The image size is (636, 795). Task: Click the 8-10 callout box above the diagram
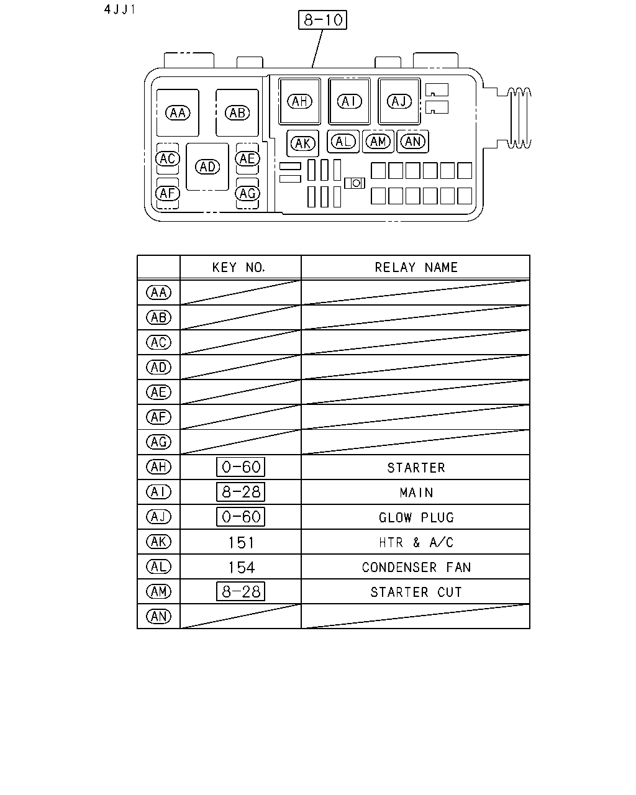[322, 20]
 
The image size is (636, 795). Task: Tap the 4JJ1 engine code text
[120, 9]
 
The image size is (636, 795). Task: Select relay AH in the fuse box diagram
[299, 101]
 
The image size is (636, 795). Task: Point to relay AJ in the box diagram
[399, 101]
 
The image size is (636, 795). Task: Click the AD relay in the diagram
[207, 166]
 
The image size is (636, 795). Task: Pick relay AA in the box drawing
[178, 112]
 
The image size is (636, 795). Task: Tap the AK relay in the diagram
[302, 143]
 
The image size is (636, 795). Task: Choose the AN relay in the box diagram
[413, 141]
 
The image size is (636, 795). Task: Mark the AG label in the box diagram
[248, 193]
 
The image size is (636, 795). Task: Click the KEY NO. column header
[238, 267]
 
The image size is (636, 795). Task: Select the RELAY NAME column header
[416, 267]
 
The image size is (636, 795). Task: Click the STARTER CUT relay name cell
[416, 592]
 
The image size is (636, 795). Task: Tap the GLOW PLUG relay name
[416, 517]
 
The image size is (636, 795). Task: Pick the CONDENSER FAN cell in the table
[416, 567]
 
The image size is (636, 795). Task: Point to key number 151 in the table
[241, 542]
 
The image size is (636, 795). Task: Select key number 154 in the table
[241, 568]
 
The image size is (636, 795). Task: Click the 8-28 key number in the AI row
[240, 492]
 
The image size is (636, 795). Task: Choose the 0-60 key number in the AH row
[240, 467]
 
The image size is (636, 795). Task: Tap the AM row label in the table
[159, 591]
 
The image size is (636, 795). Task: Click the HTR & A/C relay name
[416, 542]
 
